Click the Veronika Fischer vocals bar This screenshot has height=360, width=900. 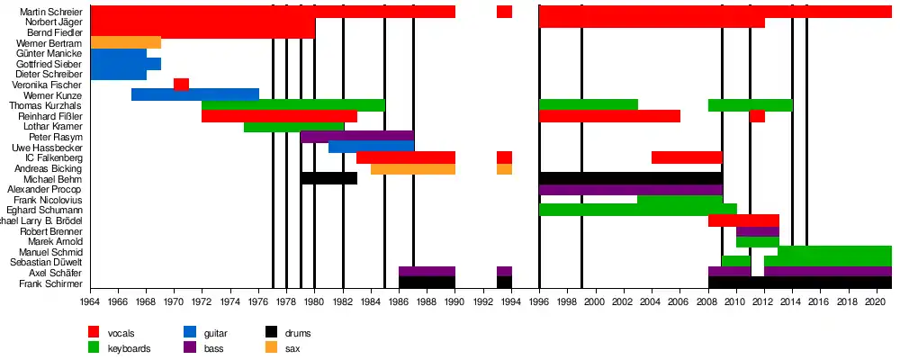pos(181,85)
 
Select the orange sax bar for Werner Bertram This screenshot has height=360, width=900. pos(126,42)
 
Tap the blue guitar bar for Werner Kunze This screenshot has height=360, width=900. pos(194,94)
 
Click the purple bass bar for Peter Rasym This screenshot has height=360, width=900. pos(356,137)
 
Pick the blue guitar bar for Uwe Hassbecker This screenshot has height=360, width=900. pos(371,147)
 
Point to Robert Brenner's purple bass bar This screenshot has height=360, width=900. pos(757,231)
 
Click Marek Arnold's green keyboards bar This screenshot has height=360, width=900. pos(757,241)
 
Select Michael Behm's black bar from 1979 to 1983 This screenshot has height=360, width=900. pos(328,178)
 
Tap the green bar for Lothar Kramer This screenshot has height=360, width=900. pos(293,127)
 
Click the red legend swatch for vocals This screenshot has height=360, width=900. pos(94,333)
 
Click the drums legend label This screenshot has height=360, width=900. pos(300,333)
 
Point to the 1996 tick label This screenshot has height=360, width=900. pos(538,302)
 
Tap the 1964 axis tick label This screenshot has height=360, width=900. pos(90,302)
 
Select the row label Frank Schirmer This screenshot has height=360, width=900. pos(56,283)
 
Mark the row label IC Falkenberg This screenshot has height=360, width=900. pos(55,157)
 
